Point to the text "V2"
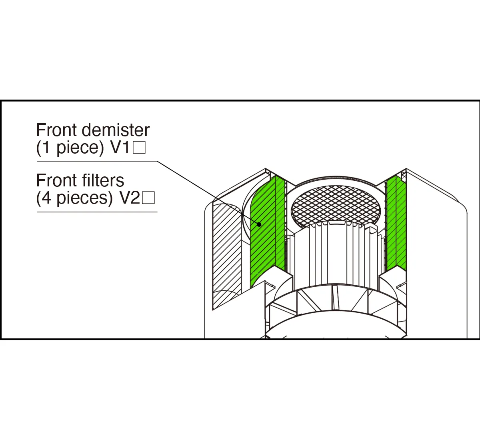(x=130, y=198)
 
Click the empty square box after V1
(x=139, y=148)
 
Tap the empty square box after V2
(x=148, y=198)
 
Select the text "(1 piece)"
(x=70, y=148)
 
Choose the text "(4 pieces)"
(x=74, y=198)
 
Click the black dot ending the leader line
(x=259, y=224)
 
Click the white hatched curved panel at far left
(x=227, y=256)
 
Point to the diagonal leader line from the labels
(x=208, y=193)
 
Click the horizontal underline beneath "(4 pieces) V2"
(x=97, y=212)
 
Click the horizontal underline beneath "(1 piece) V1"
(x=97, y=161)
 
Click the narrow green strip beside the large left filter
(x=280, y=224)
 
